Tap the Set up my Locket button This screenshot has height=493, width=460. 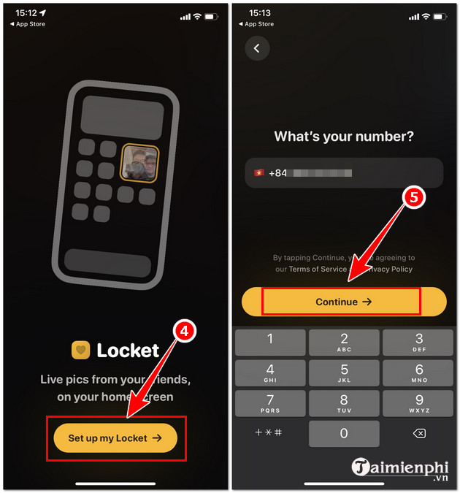115,438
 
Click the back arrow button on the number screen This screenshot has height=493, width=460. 257,48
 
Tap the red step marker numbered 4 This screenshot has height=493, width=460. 184,330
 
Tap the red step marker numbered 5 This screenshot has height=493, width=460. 413,198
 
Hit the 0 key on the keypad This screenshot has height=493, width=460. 344,433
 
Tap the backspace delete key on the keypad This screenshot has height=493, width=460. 419,433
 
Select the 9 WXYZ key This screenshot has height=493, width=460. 419,404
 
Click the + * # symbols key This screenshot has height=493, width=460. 269,433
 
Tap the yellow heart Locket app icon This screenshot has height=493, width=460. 80,351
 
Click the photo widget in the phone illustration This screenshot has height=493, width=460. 139,162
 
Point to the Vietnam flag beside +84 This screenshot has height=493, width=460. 258,173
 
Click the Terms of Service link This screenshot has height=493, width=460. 318,269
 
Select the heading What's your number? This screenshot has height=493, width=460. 344,137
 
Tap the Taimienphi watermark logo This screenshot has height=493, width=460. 402,468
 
